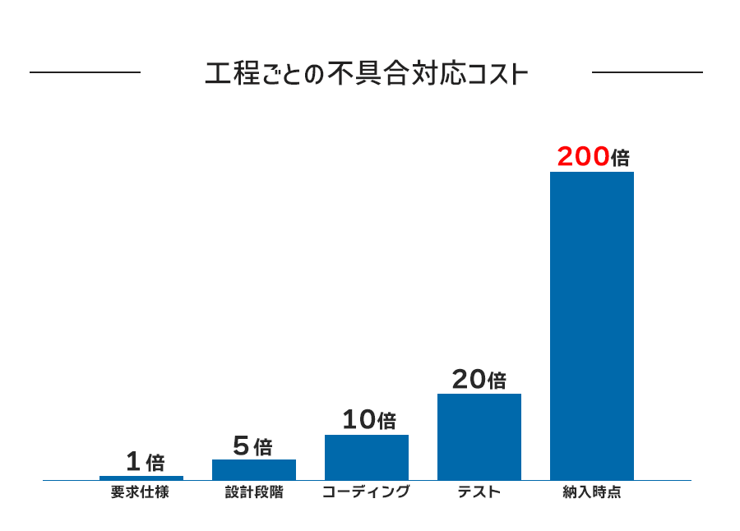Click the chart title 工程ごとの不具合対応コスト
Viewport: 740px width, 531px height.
(x=365, y=74)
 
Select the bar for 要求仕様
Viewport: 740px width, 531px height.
(x=141, y=478)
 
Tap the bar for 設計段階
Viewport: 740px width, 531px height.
(x=254, y=469)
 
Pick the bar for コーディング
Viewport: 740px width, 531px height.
(x=367, y=457)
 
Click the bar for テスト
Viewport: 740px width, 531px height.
(x=479, y=436)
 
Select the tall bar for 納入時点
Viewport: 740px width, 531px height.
(x=592, y=326)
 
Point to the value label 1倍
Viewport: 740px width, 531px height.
(x=146, y=462)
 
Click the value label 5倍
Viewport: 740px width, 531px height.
(x=252, y=446)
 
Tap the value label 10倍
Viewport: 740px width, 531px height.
(x=368, y=421)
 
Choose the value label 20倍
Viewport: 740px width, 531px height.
(x=479, y=380)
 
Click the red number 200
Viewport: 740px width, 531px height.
(x=583, y=157)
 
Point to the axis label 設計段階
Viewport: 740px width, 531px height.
(x=254, y=493)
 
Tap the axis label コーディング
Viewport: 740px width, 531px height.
(x=366, y=493)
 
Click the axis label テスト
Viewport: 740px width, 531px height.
(x=479, y=493)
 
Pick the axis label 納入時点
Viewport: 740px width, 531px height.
(x=592, y=493)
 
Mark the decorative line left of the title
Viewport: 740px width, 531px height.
(x=85, y=72)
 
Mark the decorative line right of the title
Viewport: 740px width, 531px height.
(x=647, y=72)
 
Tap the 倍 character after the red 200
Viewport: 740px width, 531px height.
(x=620, y=158)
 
